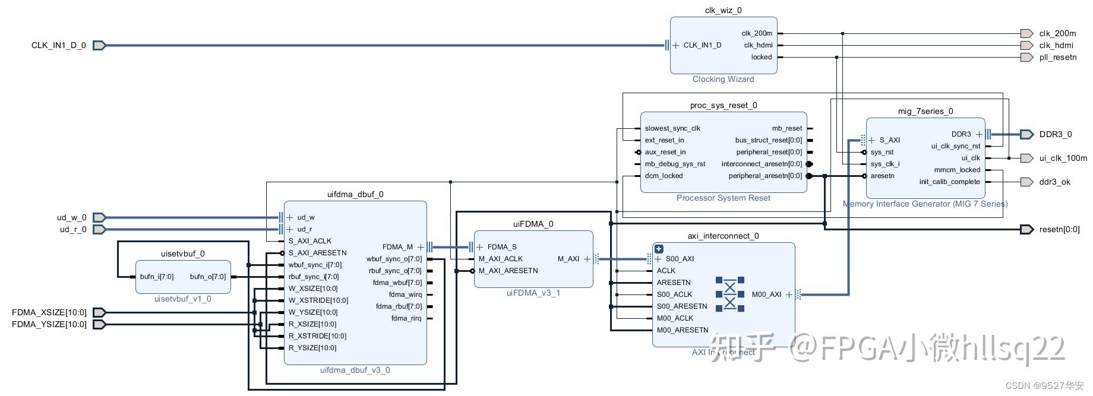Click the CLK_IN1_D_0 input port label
coord(58,45)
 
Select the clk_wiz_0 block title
coord(723,10)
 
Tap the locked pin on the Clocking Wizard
coord(761,57)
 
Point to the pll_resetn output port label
coord(1057,57)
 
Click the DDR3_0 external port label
coord(1055,134)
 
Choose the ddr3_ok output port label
coord(1054,182)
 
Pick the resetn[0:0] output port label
coord(1059,229)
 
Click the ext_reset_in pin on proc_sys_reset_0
coord(664,140)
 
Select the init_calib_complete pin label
coord(949,182)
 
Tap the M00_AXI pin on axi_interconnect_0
coord(766,294)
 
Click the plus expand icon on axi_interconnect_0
coord(659,249)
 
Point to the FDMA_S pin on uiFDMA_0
coord(501,247)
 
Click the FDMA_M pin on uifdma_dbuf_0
coord(397,247)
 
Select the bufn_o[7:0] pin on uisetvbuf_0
coord(208,277)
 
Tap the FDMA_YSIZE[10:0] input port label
coord(49,324)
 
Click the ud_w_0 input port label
coord(71,217)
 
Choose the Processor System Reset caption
coord(723,198)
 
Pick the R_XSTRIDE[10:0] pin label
coord(317,336)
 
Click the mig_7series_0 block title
coord(925,111)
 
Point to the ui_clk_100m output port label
coord(1063,158)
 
